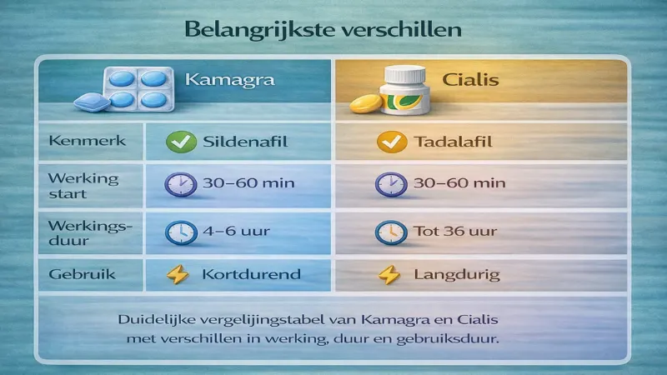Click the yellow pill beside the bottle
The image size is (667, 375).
coord(365,105)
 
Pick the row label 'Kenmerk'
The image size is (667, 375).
coord(77,141)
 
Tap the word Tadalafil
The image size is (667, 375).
coord(453,142)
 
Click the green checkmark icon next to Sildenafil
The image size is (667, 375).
coord(181,142)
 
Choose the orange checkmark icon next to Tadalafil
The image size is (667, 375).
coord(388,142)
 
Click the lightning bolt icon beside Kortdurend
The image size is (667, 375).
coord(178,274)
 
